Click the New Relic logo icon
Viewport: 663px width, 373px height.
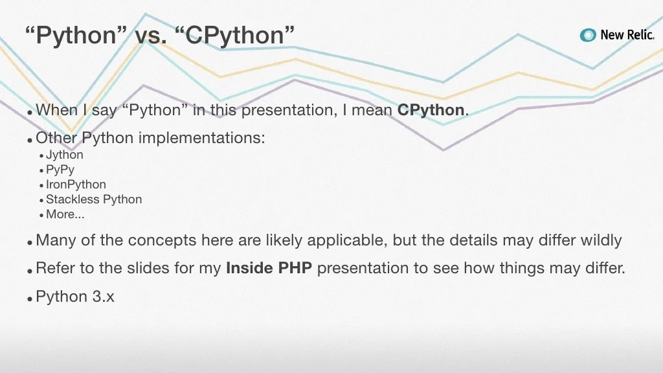588,35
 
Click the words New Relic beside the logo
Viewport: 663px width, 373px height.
627,35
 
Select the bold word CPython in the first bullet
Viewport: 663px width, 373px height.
431,110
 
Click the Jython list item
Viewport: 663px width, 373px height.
64,155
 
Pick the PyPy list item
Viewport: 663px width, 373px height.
60,170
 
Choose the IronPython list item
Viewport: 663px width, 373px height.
76,185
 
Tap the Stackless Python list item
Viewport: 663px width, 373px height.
93,199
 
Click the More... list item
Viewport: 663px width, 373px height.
65,214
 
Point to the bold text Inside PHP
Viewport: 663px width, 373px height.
269,268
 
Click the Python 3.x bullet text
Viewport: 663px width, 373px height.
75,297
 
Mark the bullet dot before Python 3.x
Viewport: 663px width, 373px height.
30,299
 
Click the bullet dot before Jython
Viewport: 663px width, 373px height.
41,156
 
